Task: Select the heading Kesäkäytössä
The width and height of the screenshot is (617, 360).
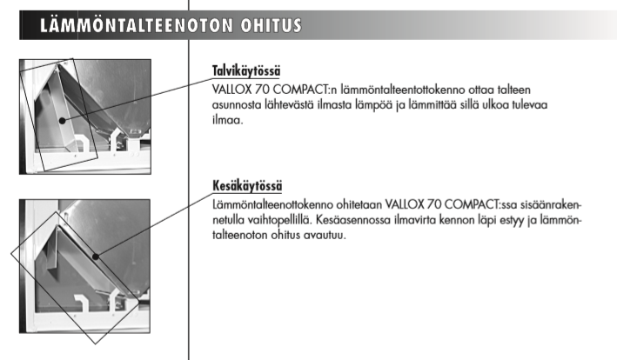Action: tap(248, 187)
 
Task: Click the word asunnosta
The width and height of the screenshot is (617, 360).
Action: tap(237, 105)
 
